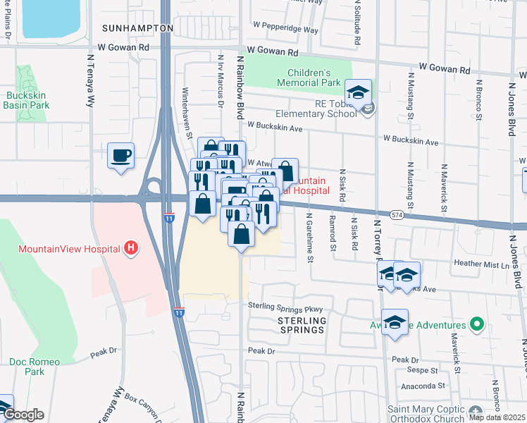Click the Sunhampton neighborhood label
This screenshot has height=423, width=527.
137,27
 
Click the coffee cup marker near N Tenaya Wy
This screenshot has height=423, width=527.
120,155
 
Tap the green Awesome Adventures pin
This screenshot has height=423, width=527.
476,325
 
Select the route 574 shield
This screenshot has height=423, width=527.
399,215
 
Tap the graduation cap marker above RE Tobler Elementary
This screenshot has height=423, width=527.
358,92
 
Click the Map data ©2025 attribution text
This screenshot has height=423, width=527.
497,417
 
